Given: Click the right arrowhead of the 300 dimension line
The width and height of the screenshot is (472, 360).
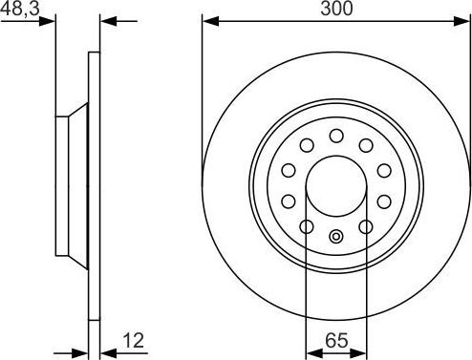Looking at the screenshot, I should pos(465,19).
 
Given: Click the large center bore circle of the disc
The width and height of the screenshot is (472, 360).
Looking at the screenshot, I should pos(336,186).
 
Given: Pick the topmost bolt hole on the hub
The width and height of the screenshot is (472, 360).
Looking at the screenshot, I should pos(336,136).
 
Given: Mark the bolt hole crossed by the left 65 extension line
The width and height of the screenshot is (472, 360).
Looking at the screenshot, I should pos(306,227).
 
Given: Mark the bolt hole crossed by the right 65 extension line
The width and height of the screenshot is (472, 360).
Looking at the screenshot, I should pos(367,227).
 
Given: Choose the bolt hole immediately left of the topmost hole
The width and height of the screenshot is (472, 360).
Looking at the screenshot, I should pos(307,145).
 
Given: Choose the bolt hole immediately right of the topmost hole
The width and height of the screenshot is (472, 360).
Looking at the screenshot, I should pos(366,145).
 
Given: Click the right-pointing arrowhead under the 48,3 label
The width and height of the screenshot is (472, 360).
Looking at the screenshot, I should pos(49,20).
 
